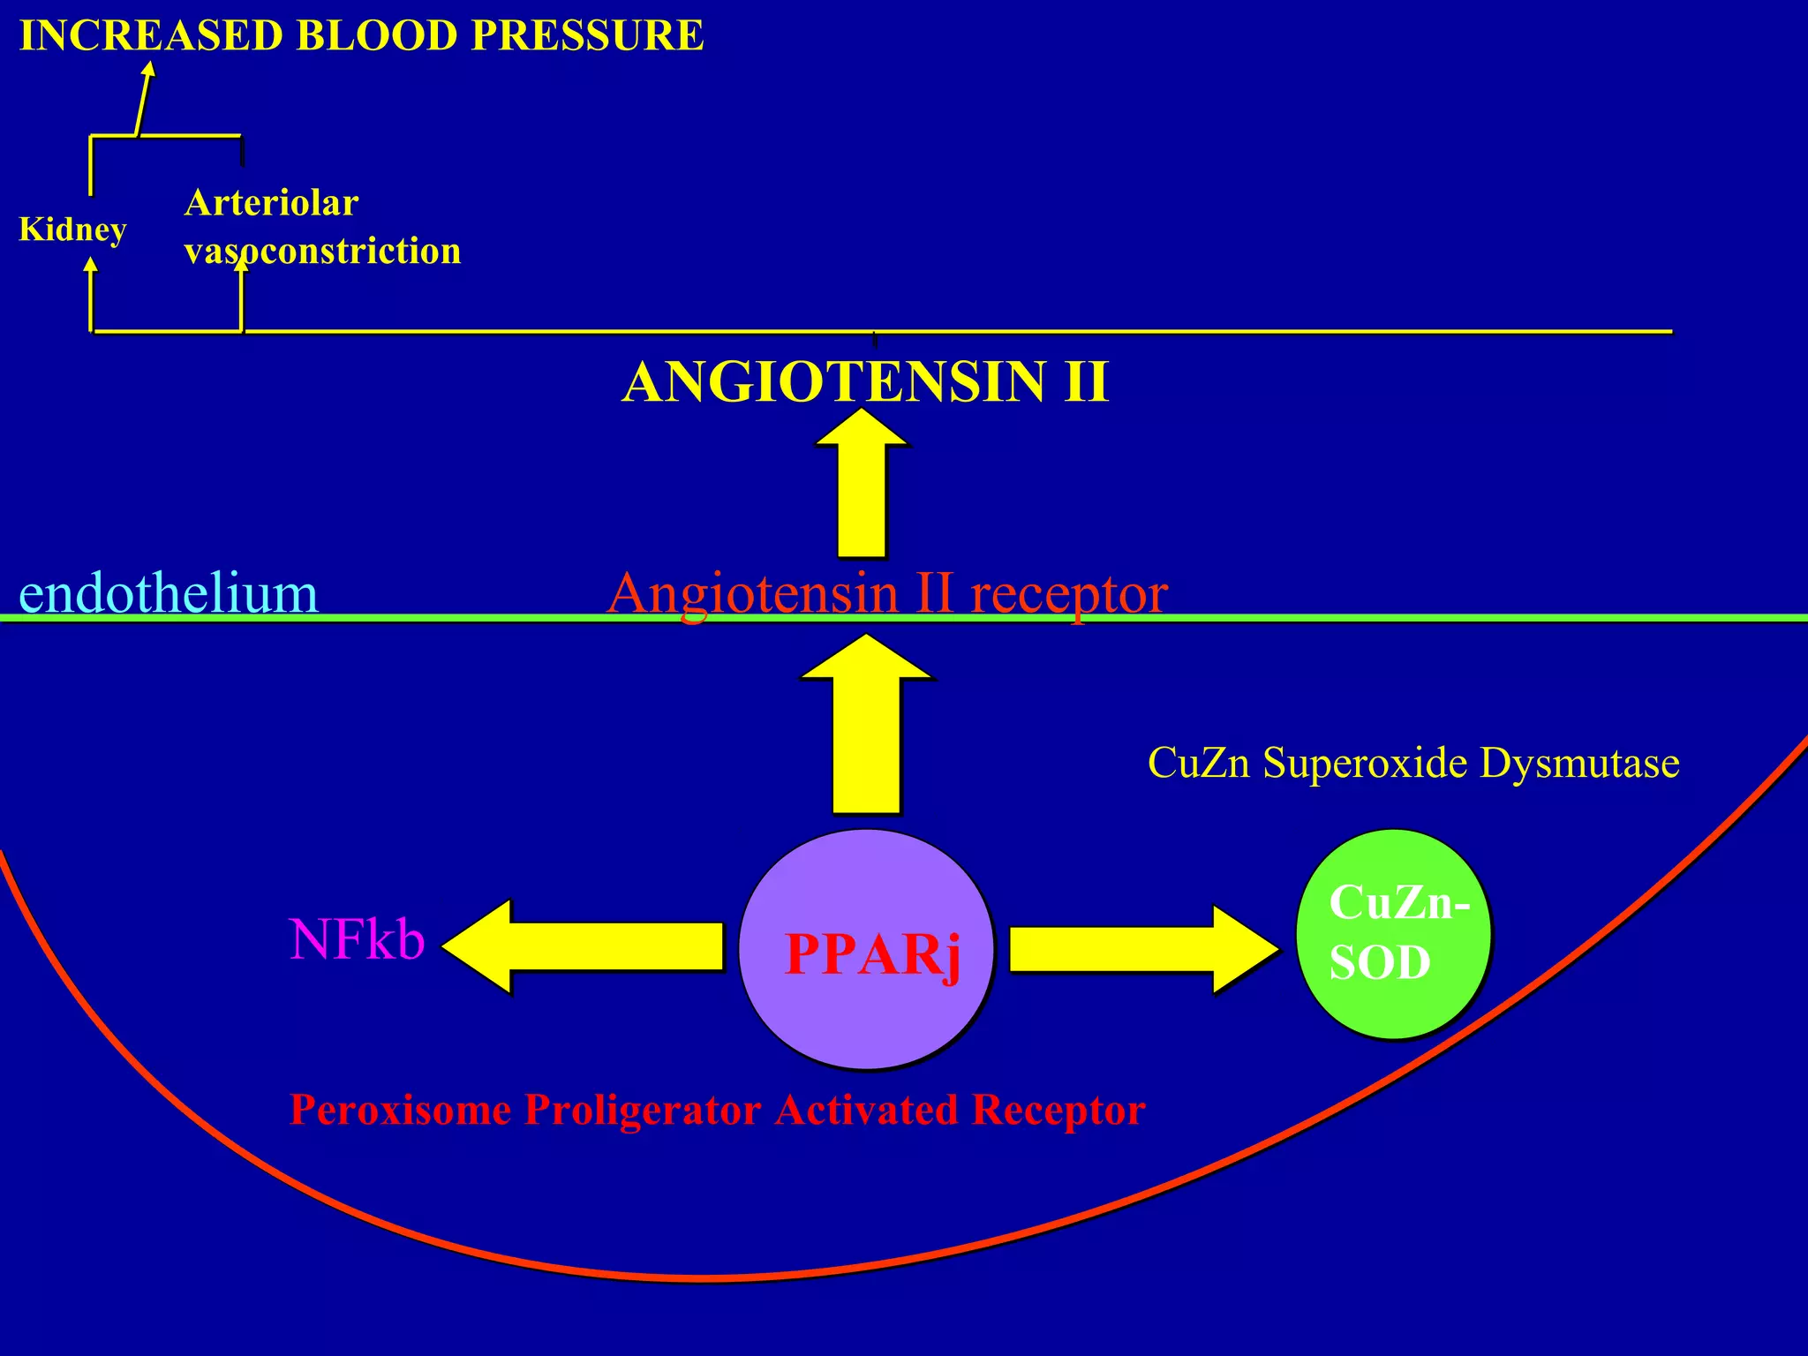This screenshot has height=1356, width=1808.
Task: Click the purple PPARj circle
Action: [x=865, y=949]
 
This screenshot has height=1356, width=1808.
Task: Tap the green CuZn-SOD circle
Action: [x=1393, y=934]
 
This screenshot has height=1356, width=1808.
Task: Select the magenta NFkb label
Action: [x=357, y=939]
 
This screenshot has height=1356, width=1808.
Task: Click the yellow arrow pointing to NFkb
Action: [x=583, y=946]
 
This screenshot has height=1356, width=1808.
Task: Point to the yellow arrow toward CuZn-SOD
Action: [x=1143, y=949]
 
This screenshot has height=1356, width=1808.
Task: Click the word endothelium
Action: [x=168, y=592]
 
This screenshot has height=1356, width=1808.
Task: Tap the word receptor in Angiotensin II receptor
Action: [x=1069, y=592]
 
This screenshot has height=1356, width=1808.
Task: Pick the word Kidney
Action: [x=72, y=230]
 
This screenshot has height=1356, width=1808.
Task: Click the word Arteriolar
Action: [x=271, y=204]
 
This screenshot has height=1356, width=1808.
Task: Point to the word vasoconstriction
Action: [x=322, y=252]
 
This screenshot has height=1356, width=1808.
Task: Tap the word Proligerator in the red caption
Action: [x=642, y=1110]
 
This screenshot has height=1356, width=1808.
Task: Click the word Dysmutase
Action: [x=1579, y=762]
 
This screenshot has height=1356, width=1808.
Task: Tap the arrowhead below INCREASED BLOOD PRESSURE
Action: [x=149, y=71]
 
